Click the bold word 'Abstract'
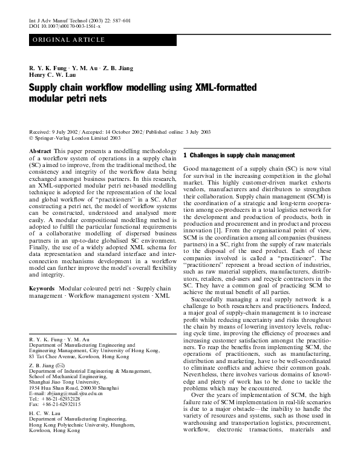pyautogui.click(x=40, y=150)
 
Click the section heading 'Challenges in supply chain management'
pyautogui.click(x=238, y=156)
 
